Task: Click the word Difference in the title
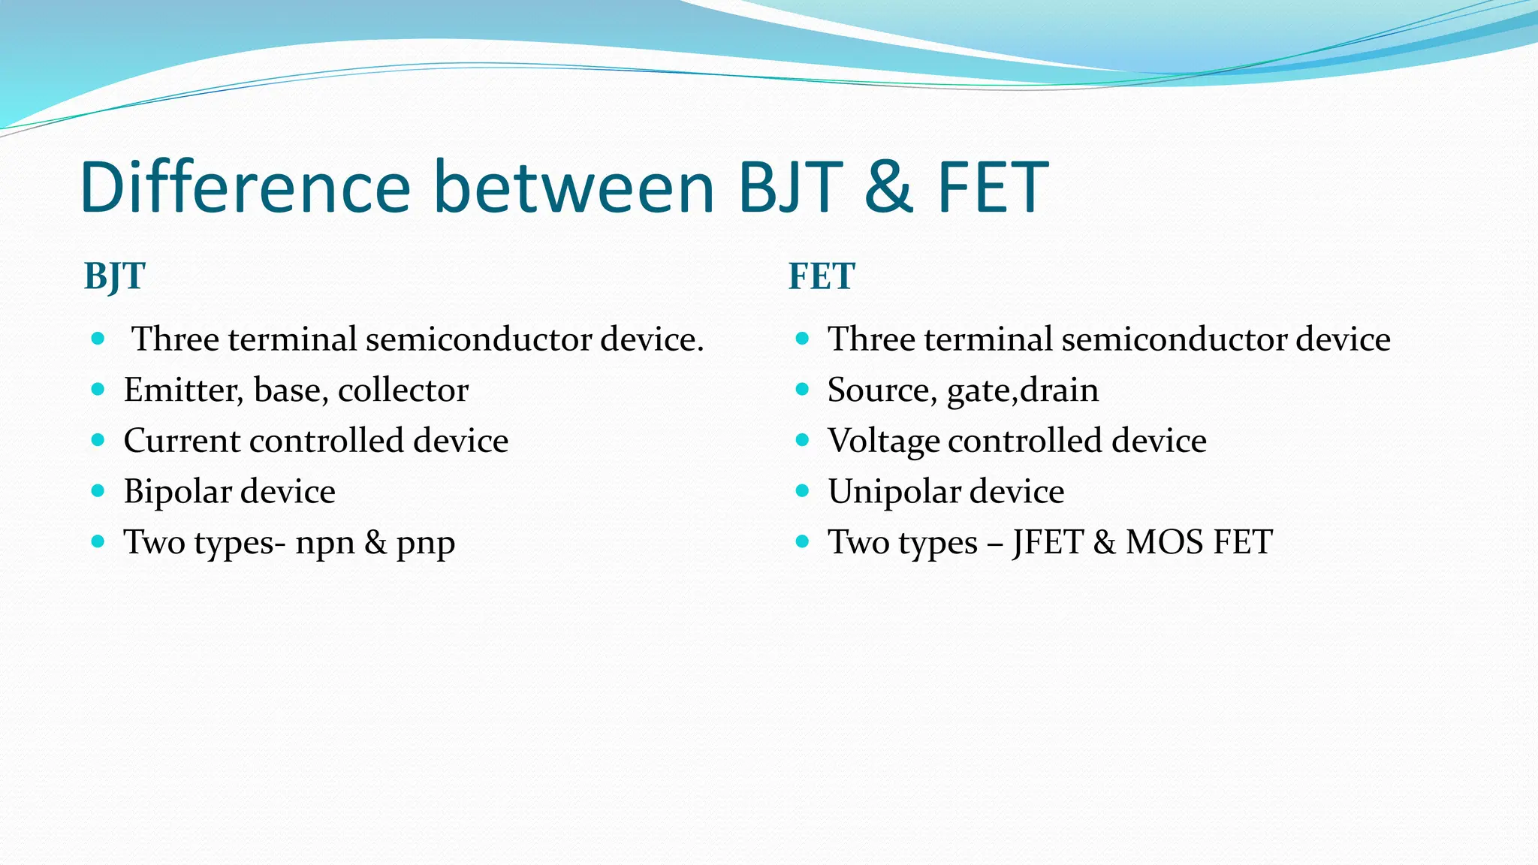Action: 245,187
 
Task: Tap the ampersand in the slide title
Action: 888,187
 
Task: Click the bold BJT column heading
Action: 114,276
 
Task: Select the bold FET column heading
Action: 822,276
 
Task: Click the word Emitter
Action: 183,390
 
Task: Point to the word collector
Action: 403,390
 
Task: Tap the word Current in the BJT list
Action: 182,441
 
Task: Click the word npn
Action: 324,543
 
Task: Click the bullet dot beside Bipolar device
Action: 98,491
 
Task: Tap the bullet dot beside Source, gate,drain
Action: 802,389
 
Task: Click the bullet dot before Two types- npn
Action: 98,541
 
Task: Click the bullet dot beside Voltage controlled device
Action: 802,440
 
